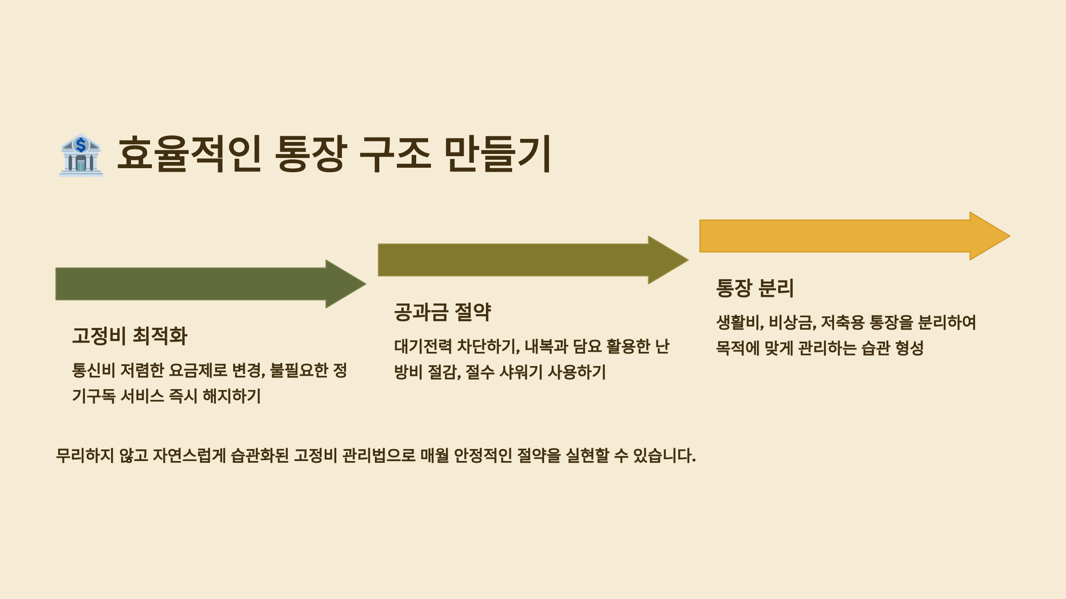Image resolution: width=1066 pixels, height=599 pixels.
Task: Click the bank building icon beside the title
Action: pos(81,155)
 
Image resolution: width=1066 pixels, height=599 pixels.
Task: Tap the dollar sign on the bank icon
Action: pos(81,145)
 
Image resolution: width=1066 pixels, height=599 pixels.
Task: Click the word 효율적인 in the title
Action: pos(189,154)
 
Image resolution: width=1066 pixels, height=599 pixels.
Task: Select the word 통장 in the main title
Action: pos(310,154)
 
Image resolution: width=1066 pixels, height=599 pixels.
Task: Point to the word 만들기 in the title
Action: pos(497,154)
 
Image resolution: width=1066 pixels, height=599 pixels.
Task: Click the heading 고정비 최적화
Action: pos(130,336)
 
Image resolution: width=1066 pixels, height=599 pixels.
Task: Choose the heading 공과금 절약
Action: pos(442,312)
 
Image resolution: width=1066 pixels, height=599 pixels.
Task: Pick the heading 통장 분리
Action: pos(755,288)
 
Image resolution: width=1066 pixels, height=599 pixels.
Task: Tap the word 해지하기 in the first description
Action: pos(232,396)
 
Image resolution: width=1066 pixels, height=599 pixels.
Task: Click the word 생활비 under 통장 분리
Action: pos(740,322)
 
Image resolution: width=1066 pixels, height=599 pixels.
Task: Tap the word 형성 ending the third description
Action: pos(910,348)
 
